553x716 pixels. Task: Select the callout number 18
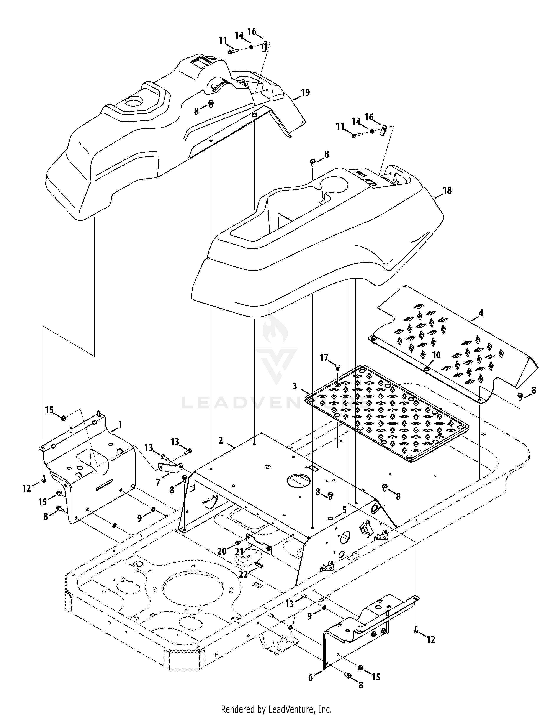(447, 190)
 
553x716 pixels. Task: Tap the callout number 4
(481, 313)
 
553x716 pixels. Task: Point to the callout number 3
(295, 386)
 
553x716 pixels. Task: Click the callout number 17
(324, 357)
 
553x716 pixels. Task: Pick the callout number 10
(436, 355)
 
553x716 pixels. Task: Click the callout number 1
(120, 425)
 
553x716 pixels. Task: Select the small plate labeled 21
(259, 543)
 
